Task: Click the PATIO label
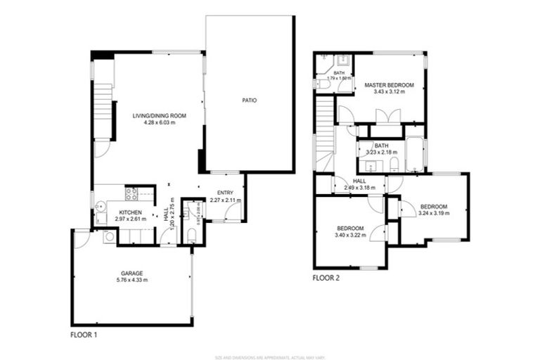(x=249, y=101)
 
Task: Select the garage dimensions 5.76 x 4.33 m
(x=132, y=280)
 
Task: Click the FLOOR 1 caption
(x=84, y=335)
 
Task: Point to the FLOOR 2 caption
(x=326, y=278)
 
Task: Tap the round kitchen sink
(x=101, y=206)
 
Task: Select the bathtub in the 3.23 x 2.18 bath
(x=414, y=155)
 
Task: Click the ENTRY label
(x=225, y=193)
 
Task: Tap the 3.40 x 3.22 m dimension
(x=350, y=236)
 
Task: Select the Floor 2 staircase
(x=323, y=134)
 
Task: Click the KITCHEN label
(x=131, y=212)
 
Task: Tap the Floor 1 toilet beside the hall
(x=191, y=235)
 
